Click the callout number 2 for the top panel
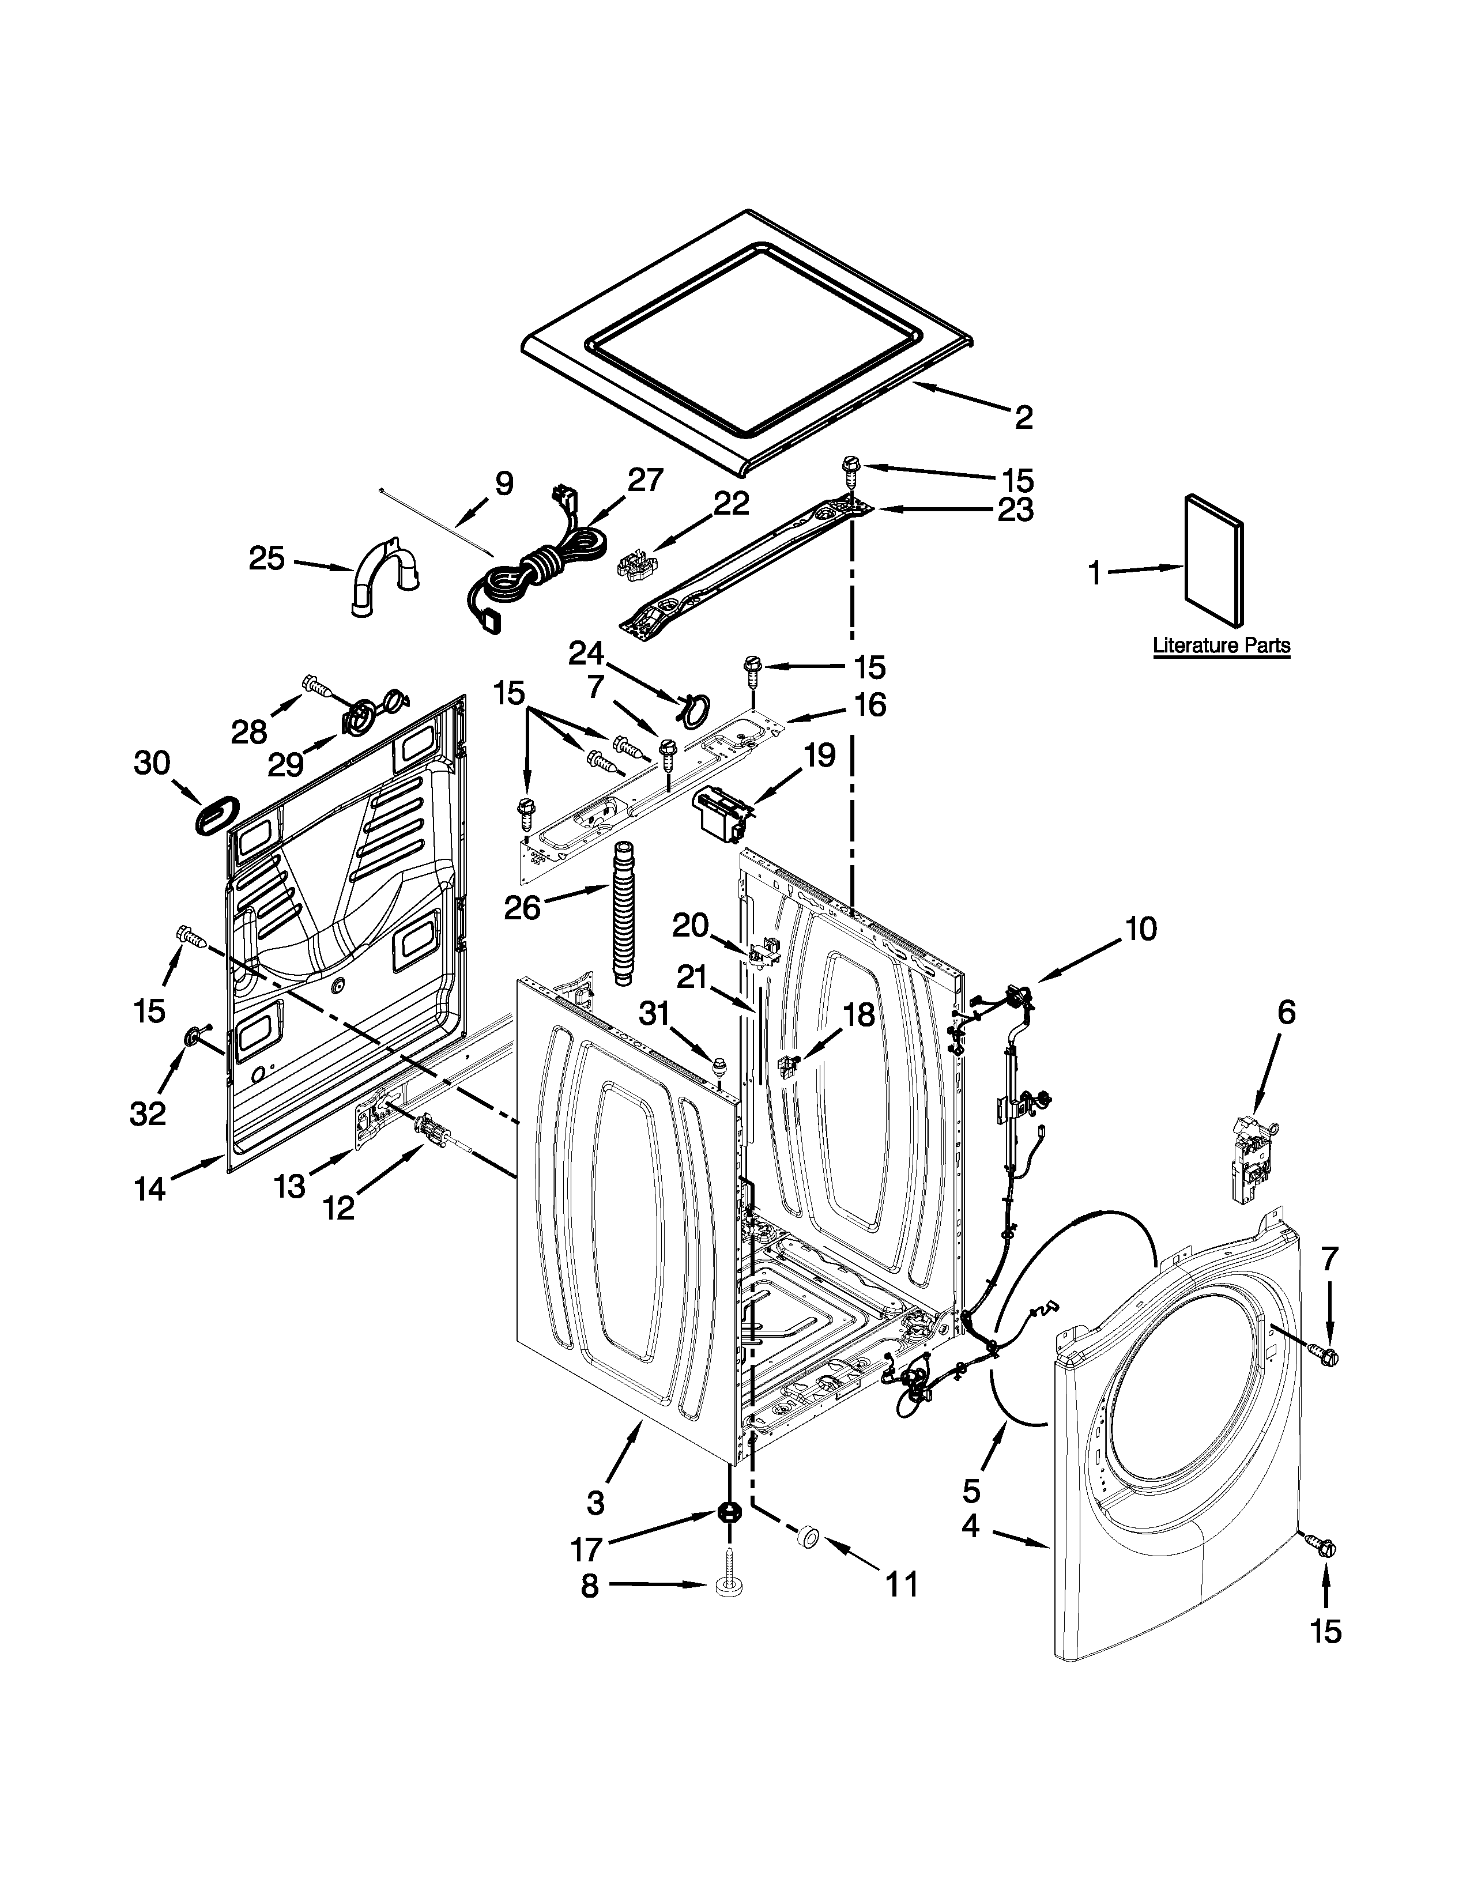(1023, 417)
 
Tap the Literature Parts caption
(1221, 646)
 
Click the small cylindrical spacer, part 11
(807, 1538)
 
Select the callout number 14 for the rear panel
(150, 1188)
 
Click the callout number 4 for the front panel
(971, 1526)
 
